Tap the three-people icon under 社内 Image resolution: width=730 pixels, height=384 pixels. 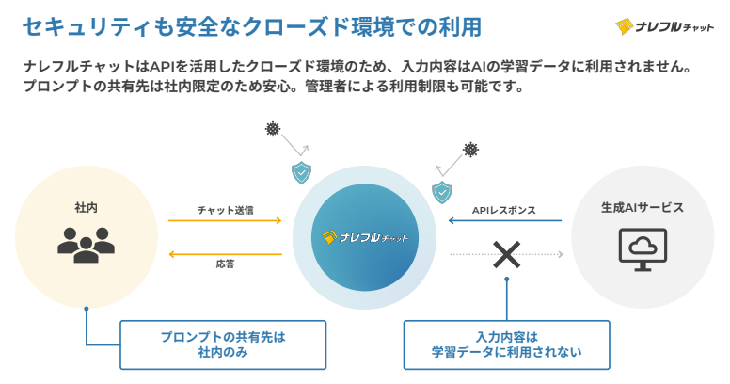point(86,244)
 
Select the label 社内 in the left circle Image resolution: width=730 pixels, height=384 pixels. point(86,206)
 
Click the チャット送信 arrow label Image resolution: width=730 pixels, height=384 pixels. point(225,209)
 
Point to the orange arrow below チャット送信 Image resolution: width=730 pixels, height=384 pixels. point(225,221)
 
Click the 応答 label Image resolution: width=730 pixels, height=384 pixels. point(225,265)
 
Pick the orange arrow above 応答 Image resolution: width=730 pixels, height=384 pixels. point(225,254)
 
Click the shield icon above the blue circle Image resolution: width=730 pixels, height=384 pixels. point(301,172)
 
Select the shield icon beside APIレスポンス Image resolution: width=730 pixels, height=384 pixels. point(441,193)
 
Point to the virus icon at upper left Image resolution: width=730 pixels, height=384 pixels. point(273,129)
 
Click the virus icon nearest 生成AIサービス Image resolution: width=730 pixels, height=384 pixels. point(470,150)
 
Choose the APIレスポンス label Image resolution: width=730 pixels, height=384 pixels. point(503,210)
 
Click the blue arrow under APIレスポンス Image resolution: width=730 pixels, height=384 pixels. point(504,221)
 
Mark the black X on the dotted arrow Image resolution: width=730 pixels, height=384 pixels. point(507,254)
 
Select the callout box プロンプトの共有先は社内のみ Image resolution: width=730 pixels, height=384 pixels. point(222,344)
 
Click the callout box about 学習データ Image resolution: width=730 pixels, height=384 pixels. point(506,344)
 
